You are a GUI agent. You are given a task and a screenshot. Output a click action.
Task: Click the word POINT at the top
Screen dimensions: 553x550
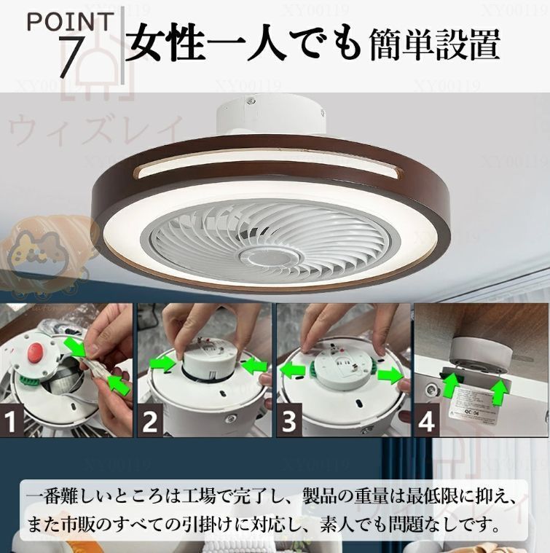pyautogui.click(x=71, y=20)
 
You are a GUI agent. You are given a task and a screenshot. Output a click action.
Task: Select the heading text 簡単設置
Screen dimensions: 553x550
pyautogui.click(x=434, y=44)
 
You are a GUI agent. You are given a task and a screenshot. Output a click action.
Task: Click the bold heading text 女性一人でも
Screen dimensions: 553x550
pyautogui.click(x=243, y=44)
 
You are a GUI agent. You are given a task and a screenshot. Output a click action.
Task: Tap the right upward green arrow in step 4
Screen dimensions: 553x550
pyautogui.click(x=500, y=391)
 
